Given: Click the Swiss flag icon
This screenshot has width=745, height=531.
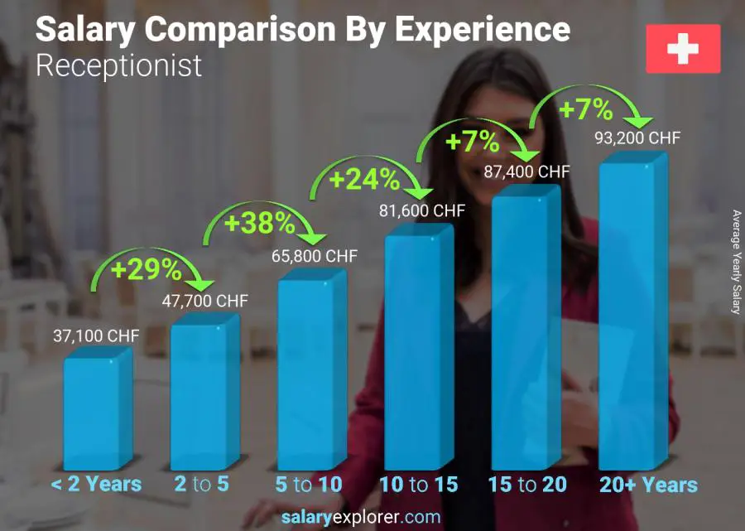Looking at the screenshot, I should [683, 49].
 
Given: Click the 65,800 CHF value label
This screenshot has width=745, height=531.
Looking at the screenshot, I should [315, 256].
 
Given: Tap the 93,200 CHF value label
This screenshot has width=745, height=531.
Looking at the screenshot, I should [637, 138].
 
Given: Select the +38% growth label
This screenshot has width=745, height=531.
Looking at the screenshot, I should [258, 223].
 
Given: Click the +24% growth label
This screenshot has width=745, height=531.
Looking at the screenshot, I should [364, 179].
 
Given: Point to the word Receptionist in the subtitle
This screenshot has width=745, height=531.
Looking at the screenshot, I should [118, 65].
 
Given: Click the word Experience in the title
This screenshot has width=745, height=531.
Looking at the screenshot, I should [482, 29].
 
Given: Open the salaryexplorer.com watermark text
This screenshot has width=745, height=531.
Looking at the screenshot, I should [361, 517].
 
